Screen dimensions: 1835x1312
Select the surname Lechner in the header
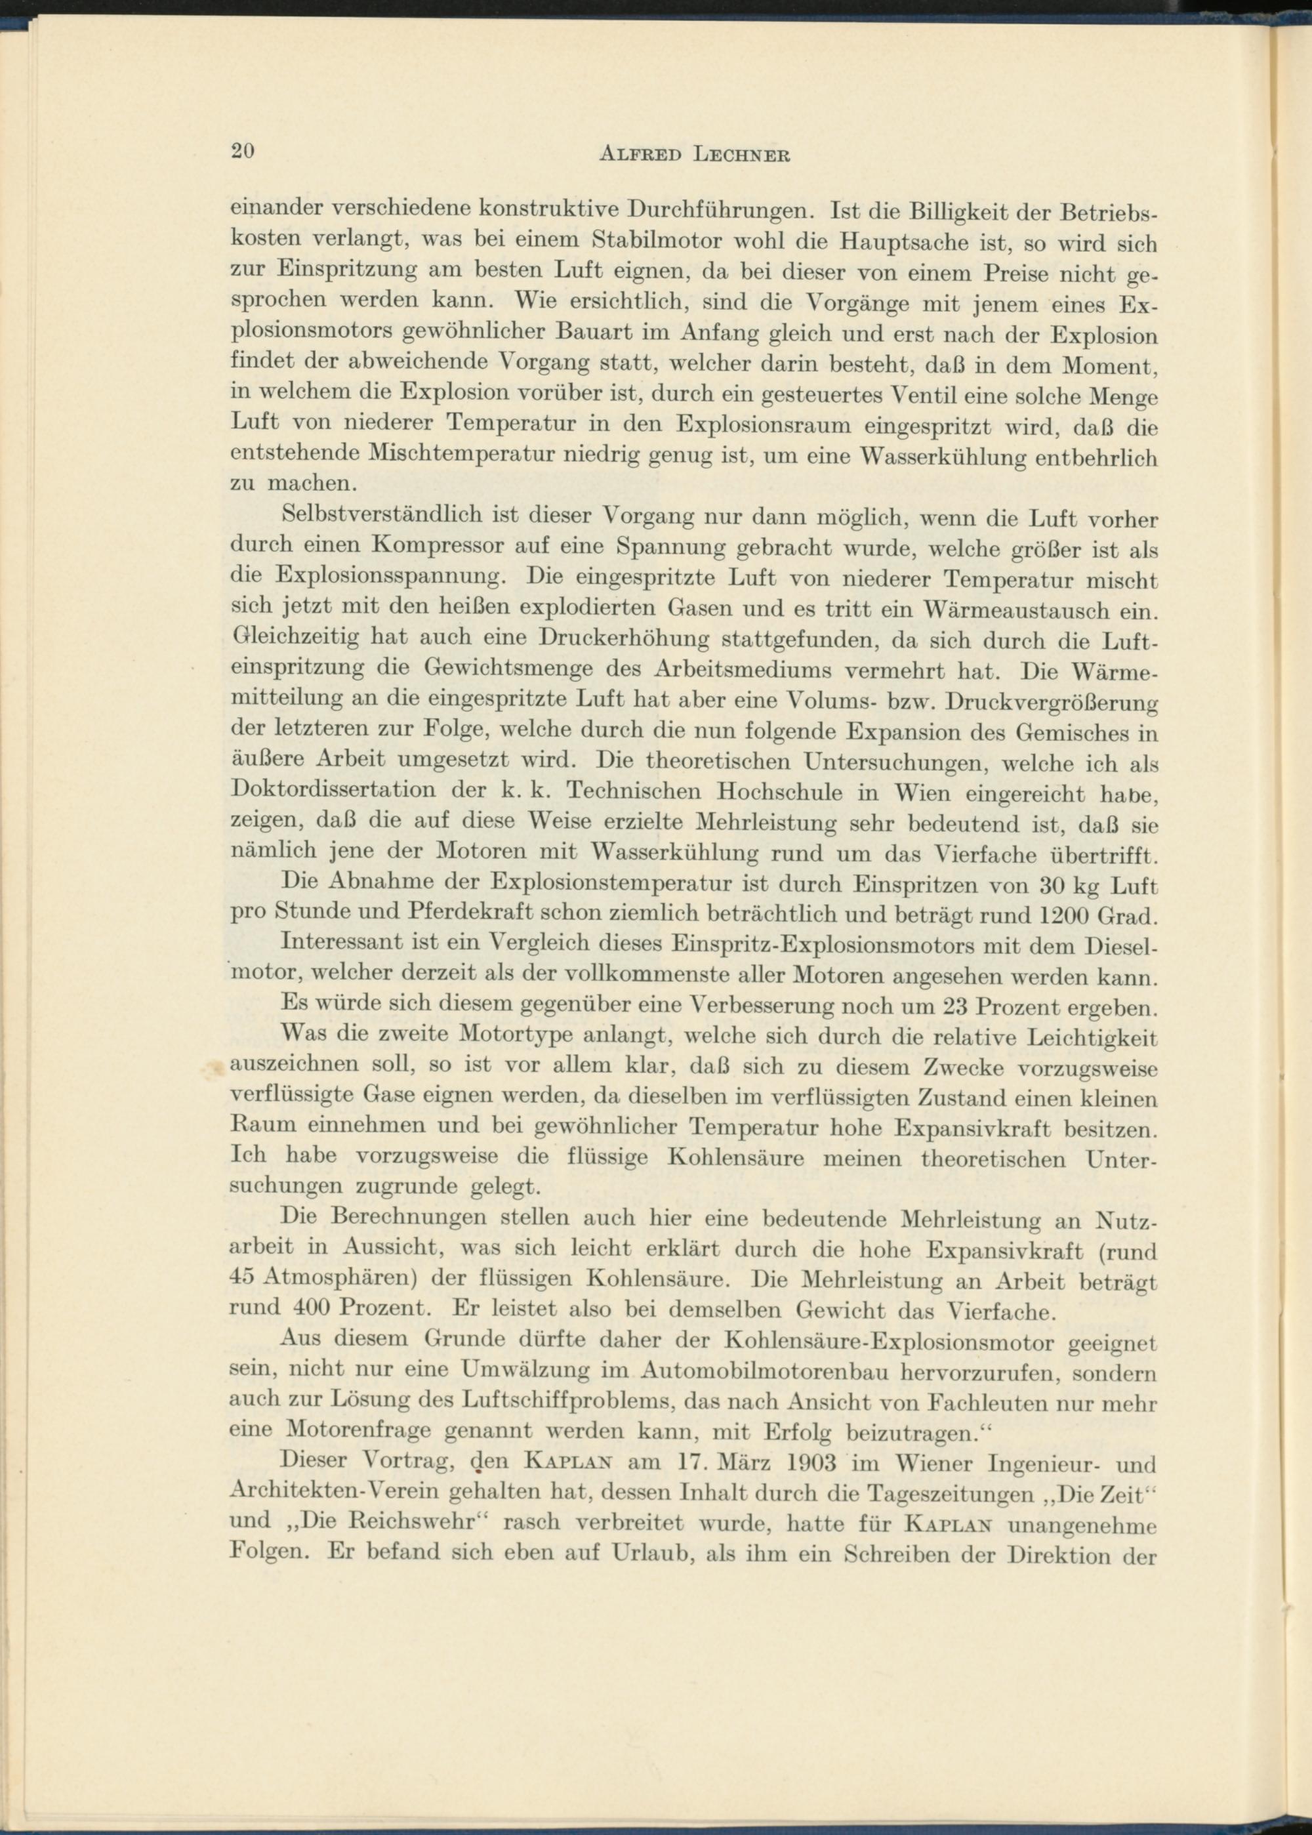point(741,154)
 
